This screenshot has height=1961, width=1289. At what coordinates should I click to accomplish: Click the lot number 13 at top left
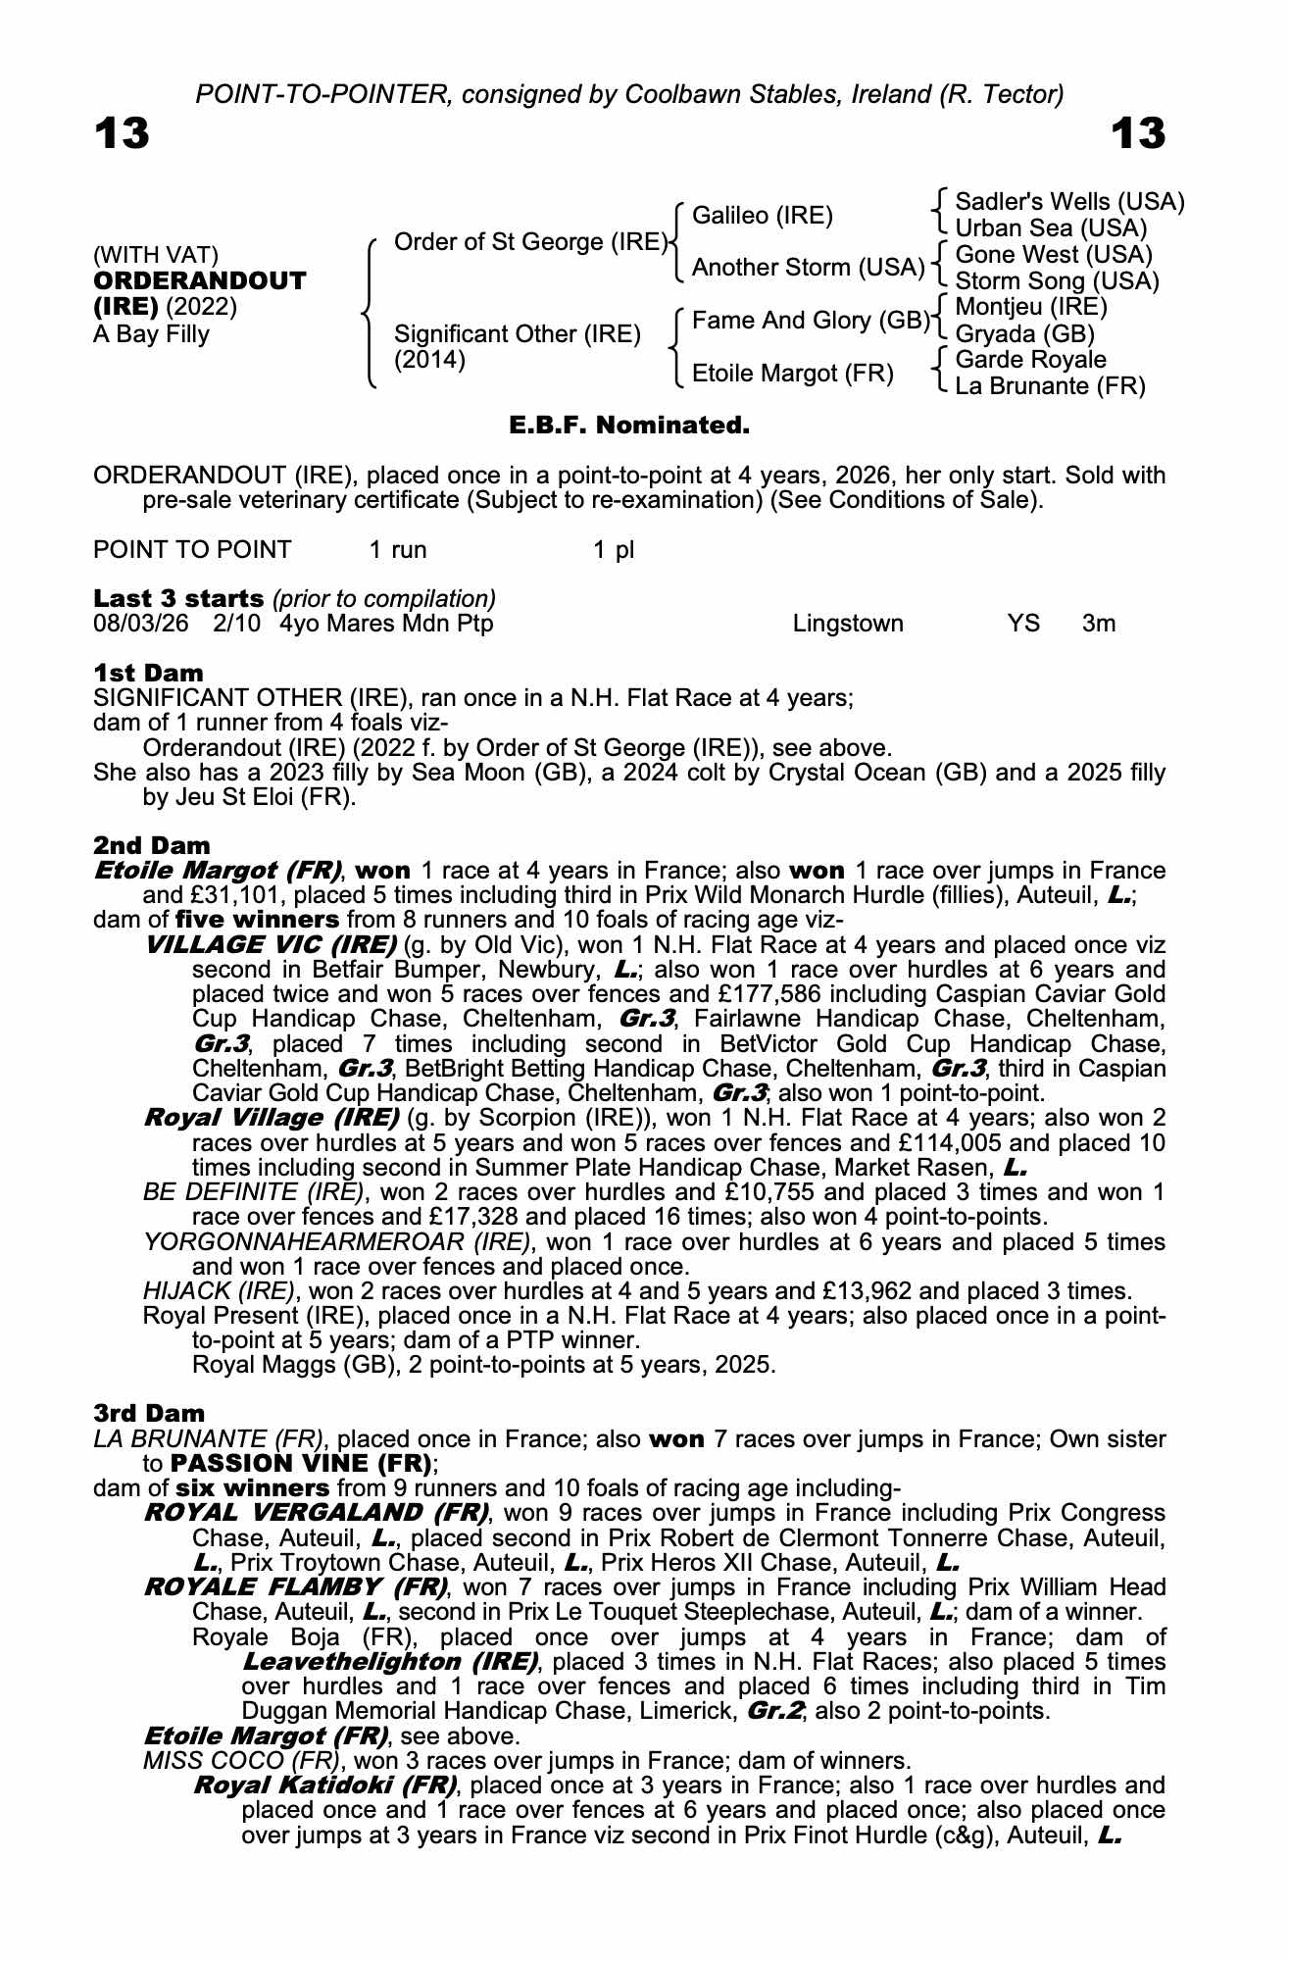[x=122, y=133]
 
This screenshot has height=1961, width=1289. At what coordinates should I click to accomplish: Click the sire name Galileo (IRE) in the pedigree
[x=762, y=216]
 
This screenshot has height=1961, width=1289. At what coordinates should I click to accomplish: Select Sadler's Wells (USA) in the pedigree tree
[x=1069, y=202]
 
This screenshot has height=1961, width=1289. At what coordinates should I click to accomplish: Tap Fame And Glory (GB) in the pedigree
[x=811, y=321]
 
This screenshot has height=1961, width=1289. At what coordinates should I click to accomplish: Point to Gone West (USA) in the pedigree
[x=1054, y=255]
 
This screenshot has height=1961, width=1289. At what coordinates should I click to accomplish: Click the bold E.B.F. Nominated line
[x=629, y=426]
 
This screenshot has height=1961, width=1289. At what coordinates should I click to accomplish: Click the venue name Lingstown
[x=848, y=625]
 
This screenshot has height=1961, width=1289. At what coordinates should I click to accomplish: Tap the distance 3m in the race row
[x=1099, y=625]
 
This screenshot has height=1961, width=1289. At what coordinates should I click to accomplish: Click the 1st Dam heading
[x=149, y=674]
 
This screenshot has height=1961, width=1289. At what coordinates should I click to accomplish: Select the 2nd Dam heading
[x=152, y=845]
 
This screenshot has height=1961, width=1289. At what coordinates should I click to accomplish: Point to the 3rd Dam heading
[x=150, y=1414]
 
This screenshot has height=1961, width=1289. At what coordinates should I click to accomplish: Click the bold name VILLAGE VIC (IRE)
[x=270, y=945]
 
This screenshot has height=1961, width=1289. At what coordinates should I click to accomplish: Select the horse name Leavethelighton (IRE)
[x=390, y=1662]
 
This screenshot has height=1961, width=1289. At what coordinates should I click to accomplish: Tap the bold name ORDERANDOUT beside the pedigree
[x=200, y=281]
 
